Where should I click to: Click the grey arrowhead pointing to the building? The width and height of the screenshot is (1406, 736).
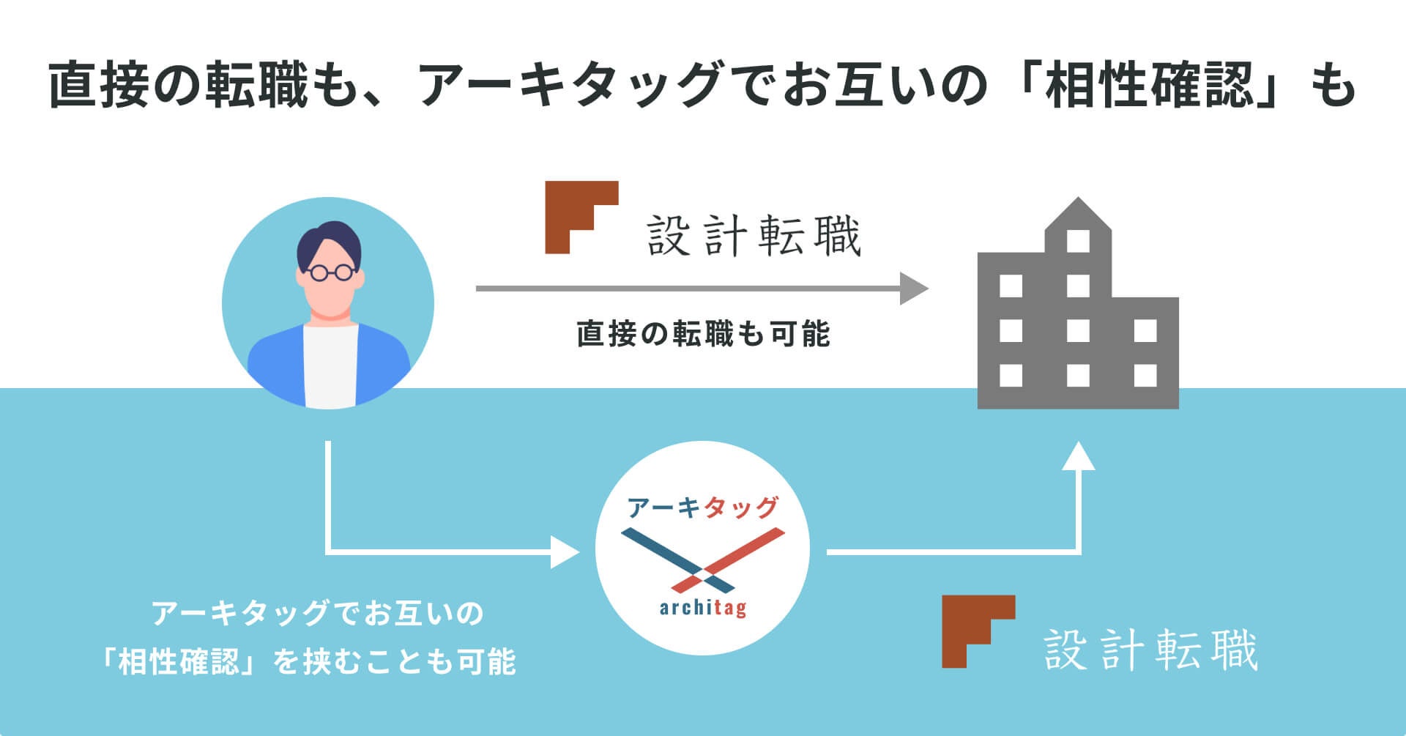[x=913, y=288]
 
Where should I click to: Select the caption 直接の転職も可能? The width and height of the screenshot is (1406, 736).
[x=703, y=334]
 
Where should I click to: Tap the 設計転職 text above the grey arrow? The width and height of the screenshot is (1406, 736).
[x=754, y=236]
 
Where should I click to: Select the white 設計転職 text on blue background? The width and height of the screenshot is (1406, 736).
[x=1150, y=650]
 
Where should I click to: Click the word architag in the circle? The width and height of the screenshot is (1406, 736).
[x=702, y=608]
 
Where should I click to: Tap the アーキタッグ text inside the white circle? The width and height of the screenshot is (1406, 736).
[x=702, y=508]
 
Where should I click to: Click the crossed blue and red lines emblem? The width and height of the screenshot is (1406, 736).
[x=702, y=560]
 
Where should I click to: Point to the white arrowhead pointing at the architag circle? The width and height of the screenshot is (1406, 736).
[x=565, y=551]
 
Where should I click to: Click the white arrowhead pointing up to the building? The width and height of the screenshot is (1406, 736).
[x=1078, y=456]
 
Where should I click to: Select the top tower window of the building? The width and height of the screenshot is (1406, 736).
[x=1078, y=240]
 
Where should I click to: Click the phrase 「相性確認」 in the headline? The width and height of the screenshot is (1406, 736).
[x=1150, y=85]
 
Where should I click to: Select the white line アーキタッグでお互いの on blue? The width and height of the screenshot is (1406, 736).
[x=317, y=613]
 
